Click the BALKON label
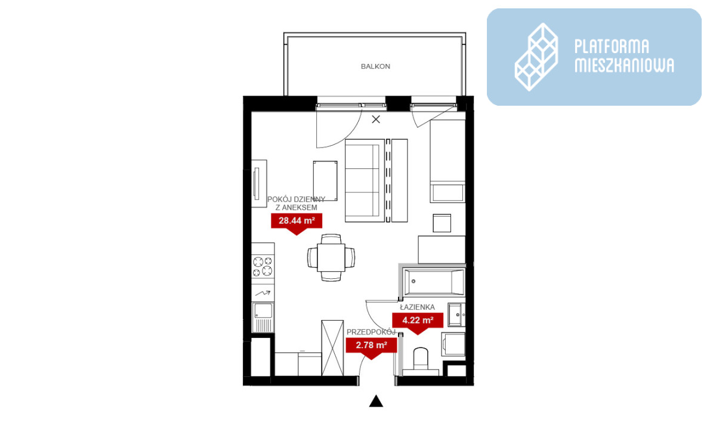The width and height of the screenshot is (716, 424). coord(375,66)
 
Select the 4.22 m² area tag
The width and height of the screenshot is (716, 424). coord(418,322)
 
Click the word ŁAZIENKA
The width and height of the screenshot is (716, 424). coord(418,307)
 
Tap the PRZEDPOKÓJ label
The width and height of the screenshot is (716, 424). coord(371,332)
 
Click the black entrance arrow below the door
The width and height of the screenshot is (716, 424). coord(376,401)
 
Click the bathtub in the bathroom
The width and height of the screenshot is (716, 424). coord(434,282)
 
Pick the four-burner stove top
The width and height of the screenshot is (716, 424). coord(263,266)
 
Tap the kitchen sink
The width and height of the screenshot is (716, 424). coord(263,318)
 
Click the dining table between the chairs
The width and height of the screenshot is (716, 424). coord(331,258)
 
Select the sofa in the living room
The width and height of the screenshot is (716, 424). coord(365,180)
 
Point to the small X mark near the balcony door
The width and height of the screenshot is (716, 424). coord(376,119)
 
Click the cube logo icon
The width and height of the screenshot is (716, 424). coord(536,57)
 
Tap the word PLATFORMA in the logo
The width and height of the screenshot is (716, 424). coord(612,47)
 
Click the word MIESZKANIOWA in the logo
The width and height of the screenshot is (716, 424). coord(624,65)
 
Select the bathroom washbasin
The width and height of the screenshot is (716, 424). coord(456,315)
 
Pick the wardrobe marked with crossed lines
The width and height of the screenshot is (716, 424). coord(332,348)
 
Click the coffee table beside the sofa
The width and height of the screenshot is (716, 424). coord(325,181)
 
